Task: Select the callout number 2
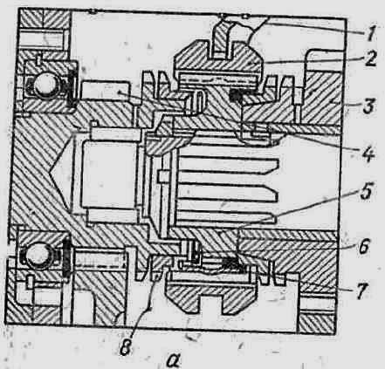370,59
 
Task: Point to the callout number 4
368,154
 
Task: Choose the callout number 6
362,246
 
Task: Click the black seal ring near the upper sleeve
237,97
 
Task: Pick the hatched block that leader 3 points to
322,97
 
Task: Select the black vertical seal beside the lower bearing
66,256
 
